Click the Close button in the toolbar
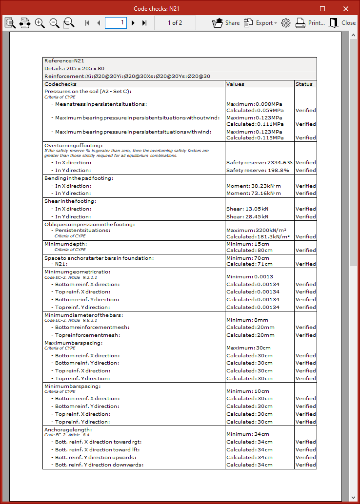point(342,23)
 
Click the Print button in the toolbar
point(310,23)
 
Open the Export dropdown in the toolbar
point(260,23)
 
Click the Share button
point(226,23)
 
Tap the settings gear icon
point(286,23)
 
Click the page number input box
point(116,23)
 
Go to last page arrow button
point(144,23)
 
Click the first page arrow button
point(87,23)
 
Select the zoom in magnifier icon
point(40,23)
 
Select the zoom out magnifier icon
point(54,23)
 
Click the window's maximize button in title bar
point(322,9)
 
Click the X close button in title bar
point(346,9)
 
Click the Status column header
point(304,84)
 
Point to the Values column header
point(235,84)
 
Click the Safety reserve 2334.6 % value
point(259,163)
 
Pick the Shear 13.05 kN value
point(247,209)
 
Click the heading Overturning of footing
point(73,146)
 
